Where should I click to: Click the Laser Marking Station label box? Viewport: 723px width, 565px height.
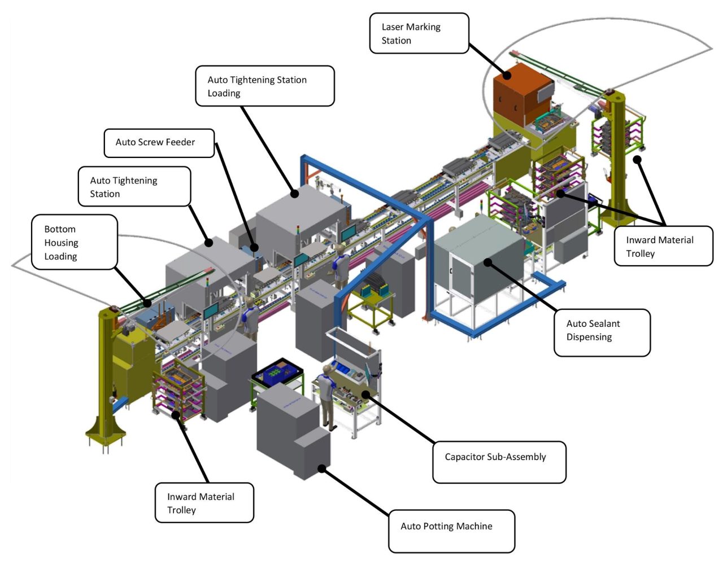pyautogui.click(x=419, y=34)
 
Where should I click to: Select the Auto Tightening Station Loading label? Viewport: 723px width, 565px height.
pyautogui.click(x=264, y=86)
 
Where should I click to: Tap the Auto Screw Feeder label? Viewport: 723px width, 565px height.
pyautogui.click(x=159, y=143)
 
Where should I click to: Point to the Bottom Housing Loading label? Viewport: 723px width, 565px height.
pyautogui.click(x=74, y=242)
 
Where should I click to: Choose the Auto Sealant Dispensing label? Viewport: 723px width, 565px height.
pyautogui.click(x=602, y=332)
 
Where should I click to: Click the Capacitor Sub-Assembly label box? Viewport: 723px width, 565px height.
pyautogui.click(x=499, y=462)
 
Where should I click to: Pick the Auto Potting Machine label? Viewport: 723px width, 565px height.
pyautogui.click(x=451, y=531)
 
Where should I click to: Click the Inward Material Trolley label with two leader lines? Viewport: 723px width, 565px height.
pyautogui.click(x=663, y=246)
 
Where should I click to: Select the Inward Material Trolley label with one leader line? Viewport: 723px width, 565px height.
pyautogui.click(x=204, y=502)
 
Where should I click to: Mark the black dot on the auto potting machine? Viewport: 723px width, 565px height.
pyautogui.click(x=321, y=468)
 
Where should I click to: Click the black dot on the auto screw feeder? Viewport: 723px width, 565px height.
pyautogui.click(x=254, y=247)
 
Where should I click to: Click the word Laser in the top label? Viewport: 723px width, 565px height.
pyautogui.click(x=393, y=27)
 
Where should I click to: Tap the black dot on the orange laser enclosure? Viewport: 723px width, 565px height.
pyautogui.click(x=507, y=75)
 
